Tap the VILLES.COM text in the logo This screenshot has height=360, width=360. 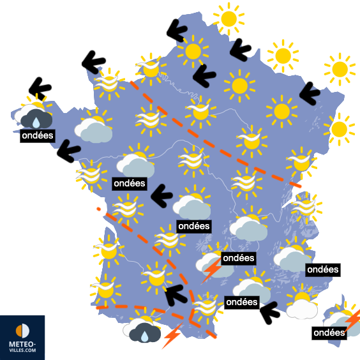(x=22, y=351)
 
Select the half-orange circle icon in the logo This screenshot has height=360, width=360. (x=22, y=331)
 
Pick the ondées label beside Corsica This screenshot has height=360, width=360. (x=330, y=333)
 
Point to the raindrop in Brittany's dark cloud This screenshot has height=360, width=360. (x=36, y=121)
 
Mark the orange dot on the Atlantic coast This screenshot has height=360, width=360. (x=98, y=209)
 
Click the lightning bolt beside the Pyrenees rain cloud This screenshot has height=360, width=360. (x=172, y=336)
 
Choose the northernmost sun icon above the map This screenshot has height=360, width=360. (x=228, y=18)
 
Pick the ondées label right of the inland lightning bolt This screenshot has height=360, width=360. (x=239, y=259)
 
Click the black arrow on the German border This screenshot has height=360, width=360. (x=310, y=95)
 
